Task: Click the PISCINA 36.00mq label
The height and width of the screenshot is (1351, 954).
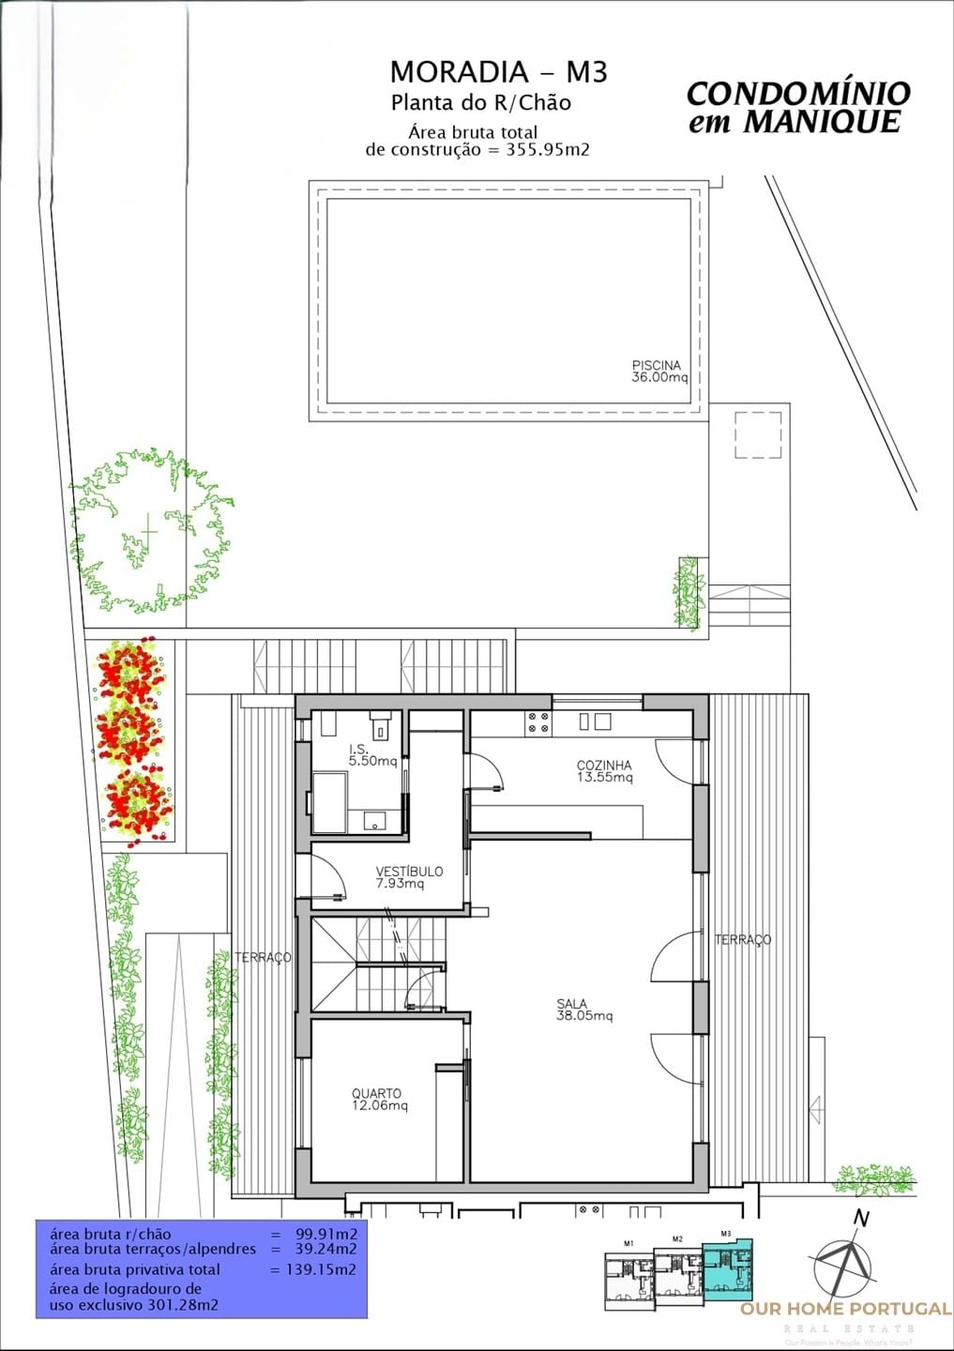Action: coord(659,372)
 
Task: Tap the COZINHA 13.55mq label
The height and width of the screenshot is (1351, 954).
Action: coord(604,771)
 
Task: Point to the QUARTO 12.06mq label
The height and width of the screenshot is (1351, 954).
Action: coord(379,1100)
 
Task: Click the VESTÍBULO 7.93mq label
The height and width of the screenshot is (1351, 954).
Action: coord(409,877)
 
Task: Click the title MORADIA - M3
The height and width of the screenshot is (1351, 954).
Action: coord(498,72)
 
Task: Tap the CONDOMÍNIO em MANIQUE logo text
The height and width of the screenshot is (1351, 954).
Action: coord(797,107)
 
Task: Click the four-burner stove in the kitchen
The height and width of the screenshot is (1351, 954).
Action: coord(538,721)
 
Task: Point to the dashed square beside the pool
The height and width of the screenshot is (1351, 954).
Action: coord(758,435)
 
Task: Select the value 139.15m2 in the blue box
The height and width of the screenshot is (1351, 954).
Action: coord(313,1269)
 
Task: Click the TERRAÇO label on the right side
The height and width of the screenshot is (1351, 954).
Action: coord(743,939)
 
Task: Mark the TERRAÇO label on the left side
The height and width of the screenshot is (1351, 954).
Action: coord(263,957)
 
